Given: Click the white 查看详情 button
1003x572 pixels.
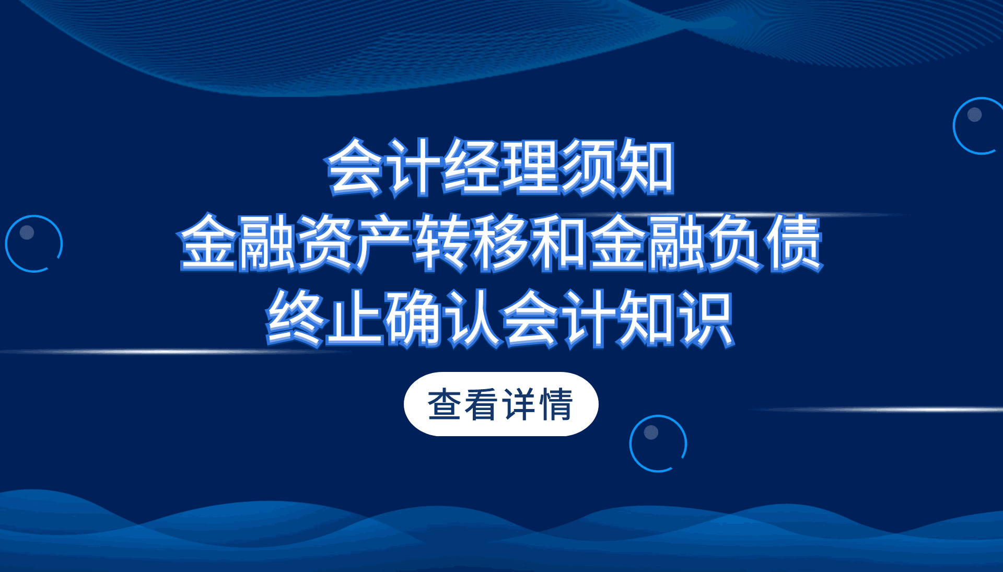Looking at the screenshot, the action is pos(501,404).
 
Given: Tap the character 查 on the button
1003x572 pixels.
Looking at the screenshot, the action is pos(445,404).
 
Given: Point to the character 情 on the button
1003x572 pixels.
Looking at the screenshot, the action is pos(557,404).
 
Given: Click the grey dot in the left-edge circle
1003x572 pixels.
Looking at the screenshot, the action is pos(27,232).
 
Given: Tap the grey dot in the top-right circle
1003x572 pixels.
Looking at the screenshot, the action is pos(975,114).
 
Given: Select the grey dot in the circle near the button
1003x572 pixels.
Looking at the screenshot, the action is pos(651,432).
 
